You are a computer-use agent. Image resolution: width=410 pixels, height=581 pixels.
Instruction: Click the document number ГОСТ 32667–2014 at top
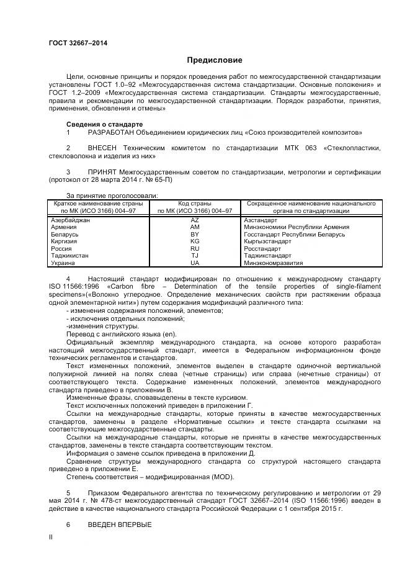point(78,42)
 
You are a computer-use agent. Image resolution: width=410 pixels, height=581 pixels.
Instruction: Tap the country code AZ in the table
point(195,220)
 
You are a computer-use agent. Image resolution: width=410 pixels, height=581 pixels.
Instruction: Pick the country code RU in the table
point(195,248)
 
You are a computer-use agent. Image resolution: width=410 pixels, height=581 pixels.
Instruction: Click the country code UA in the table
point(195,263)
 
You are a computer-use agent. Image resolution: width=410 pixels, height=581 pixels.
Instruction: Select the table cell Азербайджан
point(70,220)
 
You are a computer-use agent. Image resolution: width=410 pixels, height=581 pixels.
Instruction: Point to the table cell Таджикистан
point(69,256)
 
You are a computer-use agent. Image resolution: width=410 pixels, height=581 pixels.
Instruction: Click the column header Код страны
point(195,204)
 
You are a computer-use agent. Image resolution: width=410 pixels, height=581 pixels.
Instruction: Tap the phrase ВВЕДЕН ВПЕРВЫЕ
point(120,525)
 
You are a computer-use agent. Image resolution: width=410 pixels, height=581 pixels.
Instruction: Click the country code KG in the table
point(195,241)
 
